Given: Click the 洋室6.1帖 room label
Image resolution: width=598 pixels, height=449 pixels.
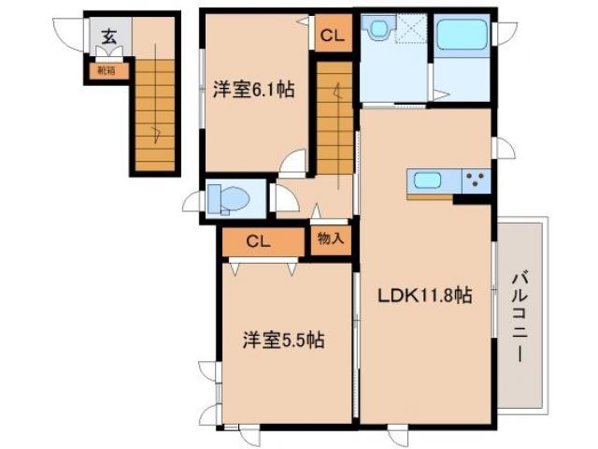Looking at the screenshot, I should coord(255,91).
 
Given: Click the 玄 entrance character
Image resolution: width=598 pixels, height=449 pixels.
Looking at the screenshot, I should coord(109,37).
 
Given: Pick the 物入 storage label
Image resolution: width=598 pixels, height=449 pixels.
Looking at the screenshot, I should coord(330,239).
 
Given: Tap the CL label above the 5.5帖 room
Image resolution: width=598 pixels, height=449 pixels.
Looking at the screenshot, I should coord(259,241).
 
